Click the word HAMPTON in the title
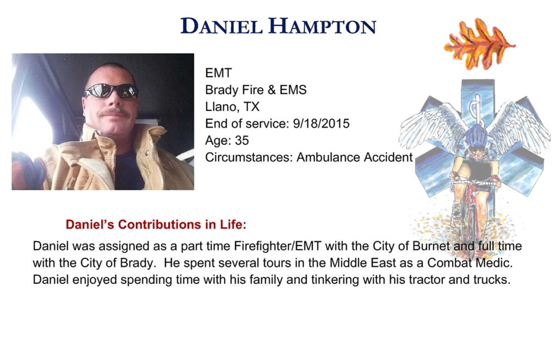(x=322, y=26)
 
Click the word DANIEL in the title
(x=221, y=26)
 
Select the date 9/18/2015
(x=321, y=123)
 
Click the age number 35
(x=242, y=141)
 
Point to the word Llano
(x=221, y=107)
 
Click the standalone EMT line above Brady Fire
(x=219, y=73)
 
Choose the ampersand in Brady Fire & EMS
(x=271, y=90)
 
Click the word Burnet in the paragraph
(x=431, y=246)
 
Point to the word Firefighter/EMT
(x=277, y=246)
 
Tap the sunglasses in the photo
(x=111, y=91)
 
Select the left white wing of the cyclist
(x=431, y=126)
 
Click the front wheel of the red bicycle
(x=469, y=231)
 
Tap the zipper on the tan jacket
(x=156, y=160)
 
